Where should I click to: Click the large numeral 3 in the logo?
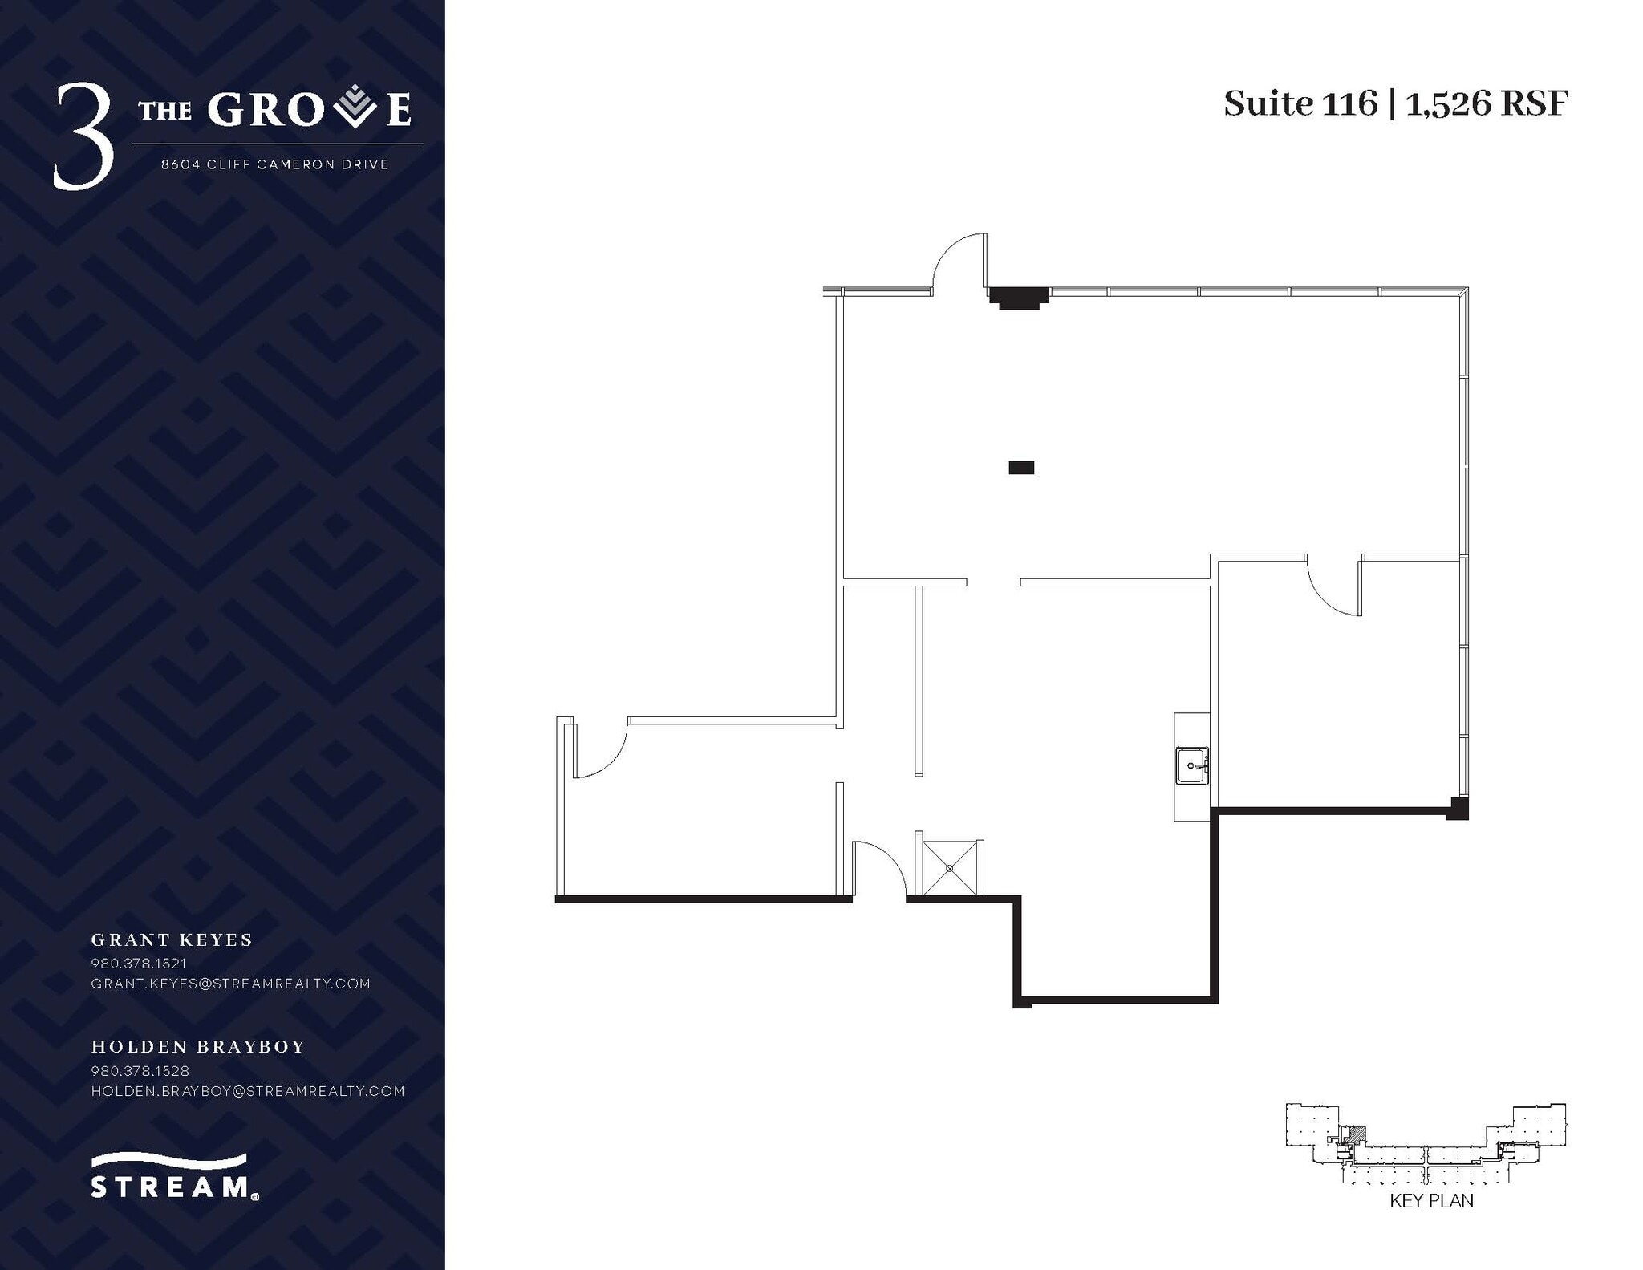coord(83,137)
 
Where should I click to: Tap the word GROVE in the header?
coord(310,109)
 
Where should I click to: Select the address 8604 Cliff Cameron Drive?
coord(275,164)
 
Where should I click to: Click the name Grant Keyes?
coord(172,939)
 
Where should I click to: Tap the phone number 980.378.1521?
coord(139,963)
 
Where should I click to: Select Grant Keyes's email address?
coord(231,984)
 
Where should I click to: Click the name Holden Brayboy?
coord(198,1046)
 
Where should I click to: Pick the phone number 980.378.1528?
coord(140,1071)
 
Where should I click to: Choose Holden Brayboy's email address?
coord(248,1091)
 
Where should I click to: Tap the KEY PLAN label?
coord(1431,1223)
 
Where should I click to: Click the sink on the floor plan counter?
coord(1192,765)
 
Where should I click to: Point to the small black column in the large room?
coord(1021,467)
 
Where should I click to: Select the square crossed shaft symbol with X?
coord(949,867)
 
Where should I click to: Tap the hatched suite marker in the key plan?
coord(1356,1134)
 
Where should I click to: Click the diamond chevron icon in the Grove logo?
coord(355,109)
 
